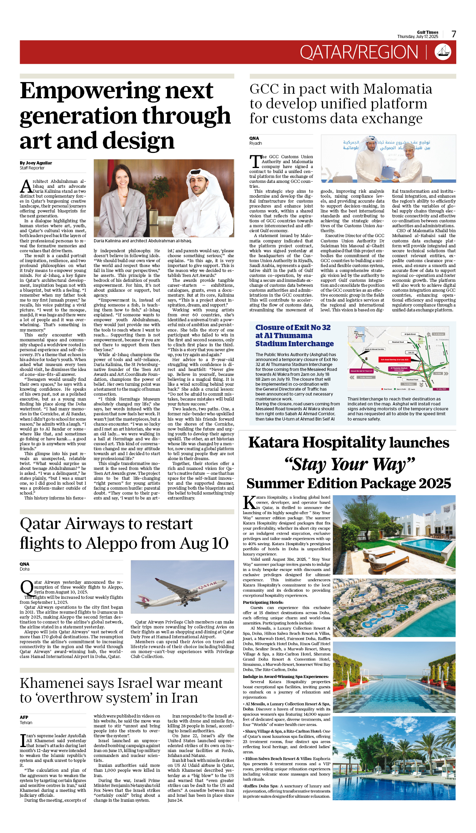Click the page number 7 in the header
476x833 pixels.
[x=454, y=34]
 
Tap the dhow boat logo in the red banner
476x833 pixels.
[x=443, y=52]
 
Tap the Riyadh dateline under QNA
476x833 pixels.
[x=255, y=143]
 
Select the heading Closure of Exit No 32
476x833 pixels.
[x=293, y=328]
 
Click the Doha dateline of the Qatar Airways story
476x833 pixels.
[x=25, y=569]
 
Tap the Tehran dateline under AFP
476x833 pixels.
[x=26, y=722]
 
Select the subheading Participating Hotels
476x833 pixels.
[x=263, y=602]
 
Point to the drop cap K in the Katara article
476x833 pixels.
[x=249, y=502]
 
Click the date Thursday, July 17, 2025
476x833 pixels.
[x=418, y=37]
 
